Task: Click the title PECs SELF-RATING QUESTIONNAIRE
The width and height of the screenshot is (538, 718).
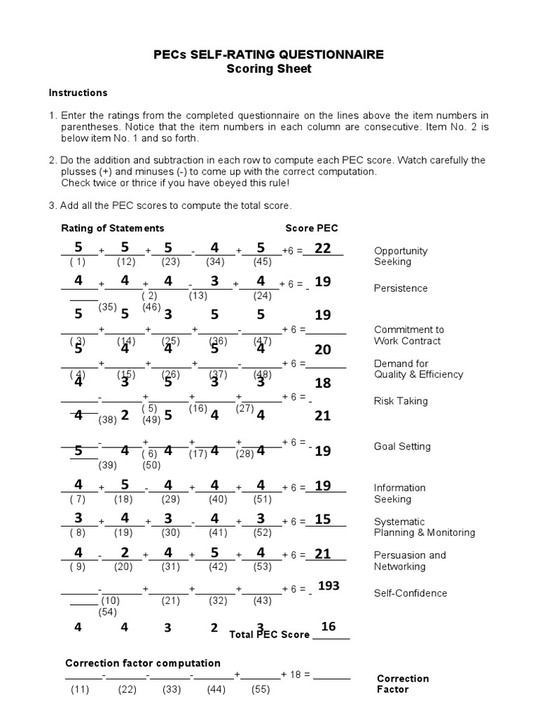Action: (x=270, y=55)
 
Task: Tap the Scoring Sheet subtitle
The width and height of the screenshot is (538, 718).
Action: (x=270, y=69)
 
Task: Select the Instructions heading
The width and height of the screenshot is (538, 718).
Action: (x=78, y=93)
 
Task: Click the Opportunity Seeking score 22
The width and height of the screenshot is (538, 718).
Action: (x=322, y=248)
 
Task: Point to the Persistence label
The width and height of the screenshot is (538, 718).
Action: (x=401, y=288)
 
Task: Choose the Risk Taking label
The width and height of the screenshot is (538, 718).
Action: (x=401, y=401)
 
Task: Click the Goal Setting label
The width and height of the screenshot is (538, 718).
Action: (x=402, y=447)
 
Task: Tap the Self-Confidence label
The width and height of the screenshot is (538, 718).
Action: (x=410, y=593)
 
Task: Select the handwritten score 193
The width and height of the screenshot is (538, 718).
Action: (x=329, y=585)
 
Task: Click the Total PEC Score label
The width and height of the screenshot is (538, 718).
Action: (x=270, y=635)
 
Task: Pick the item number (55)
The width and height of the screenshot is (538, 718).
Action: (x=260, y=690)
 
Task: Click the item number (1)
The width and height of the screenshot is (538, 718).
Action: (x=77, y=262)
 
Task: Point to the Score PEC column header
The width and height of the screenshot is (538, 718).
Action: (x=311, y=228)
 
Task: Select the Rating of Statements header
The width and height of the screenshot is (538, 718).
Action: (x=113, y=228)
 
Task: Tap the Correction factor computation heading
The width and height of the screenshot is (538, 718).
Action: (x=143, y=663)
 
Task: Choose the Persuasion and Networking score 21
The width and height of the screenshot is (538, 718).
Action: (x=322, y=554)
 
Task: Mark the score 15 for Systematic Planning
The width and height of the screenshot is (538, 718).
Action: (x=322, y=520)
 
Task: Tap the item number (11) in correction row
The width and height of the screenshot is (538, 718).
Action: (x=81, y=690)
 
